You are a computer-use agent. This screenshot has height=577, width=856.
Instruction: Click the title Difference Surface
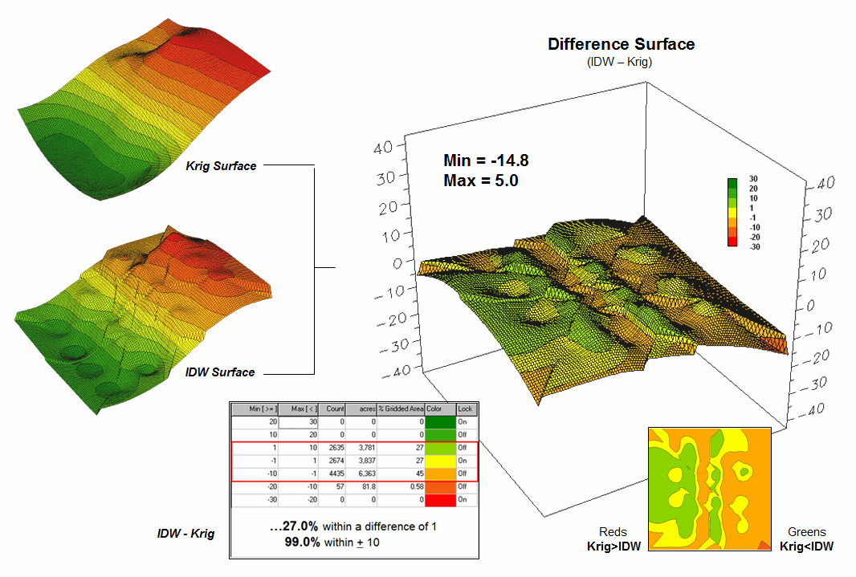pos(621,44)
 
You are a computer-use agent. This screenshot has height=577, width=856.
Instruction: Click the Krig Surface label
pos(221,166)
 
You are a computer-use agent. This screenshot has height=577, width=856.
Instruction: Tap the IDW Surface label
pos(220,372)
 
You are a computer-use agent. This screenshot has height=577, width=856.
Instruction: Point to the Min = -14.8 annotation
pos(486,161)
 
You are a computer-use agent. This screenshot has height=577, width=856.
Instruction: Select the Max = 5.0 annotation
pos(480,181)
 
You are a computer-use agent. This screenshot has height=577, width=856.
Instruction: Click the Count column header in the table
pos(335,409)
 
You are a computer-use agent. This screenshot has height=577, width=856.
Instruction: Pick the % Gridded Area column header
pos(401,409)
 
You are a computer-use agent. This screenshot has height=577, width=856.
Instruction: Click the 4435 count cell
pos(335,473)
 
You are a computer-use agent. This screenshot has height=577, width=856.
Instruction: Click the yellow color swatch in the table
pos(440,460)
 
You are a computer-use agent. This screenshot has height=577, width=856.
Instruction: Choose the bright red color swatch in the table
pos(440,499)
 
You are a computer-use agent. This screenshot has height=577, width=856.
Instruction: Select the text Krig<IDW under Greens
pos(806,547)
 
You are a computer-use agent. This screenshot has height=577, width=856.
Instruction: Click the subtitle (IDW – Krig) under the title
pos(619,61)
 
